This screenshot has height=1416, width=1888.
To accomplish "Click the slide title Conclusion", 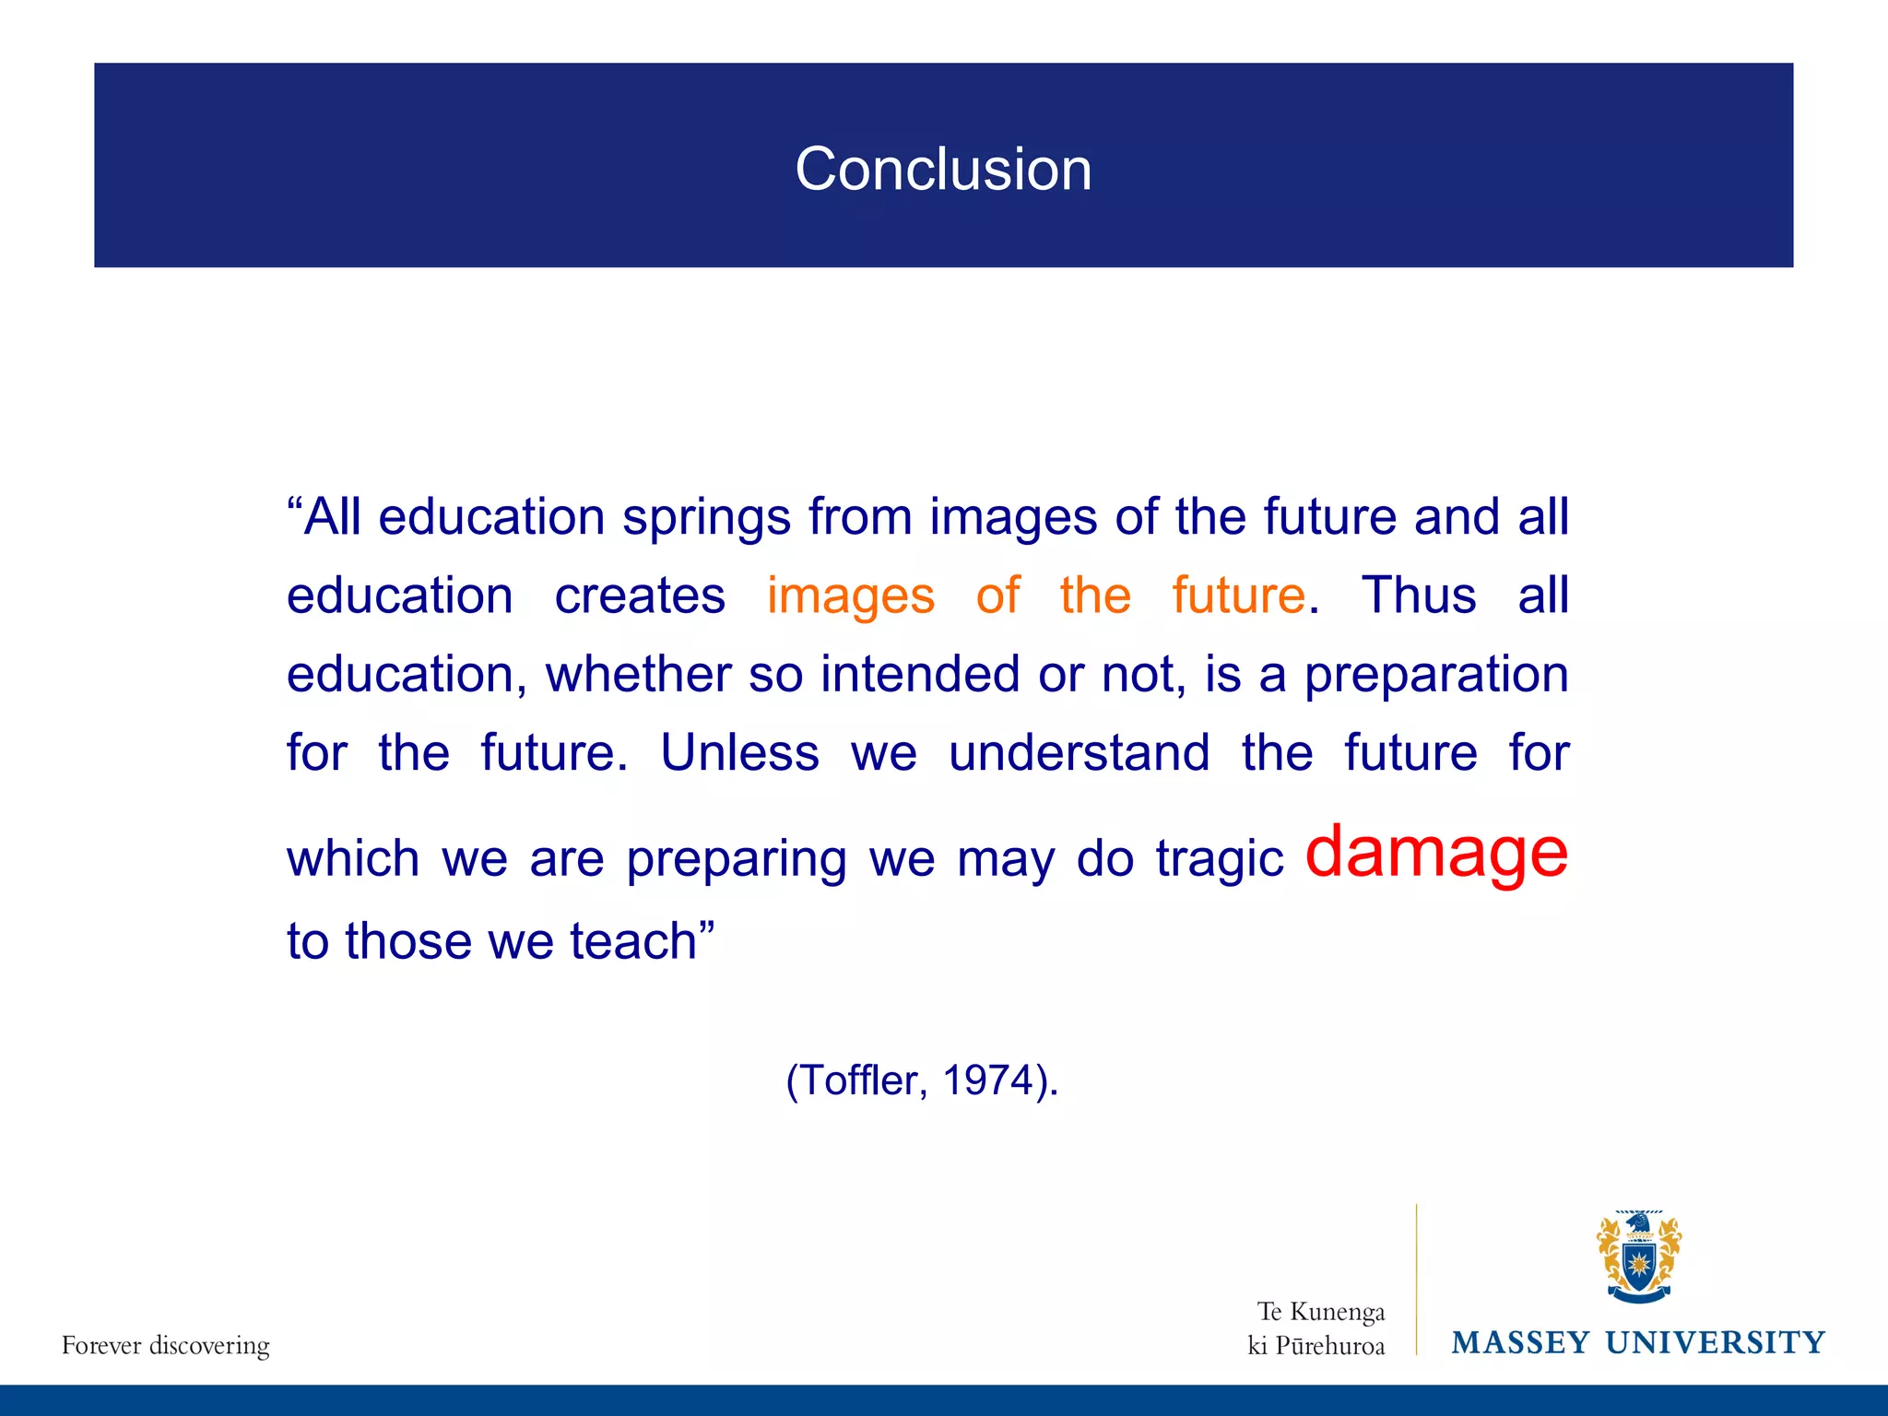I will [x=943, y=170].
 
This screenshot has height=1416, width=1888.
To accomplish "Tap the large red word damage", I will [x=1435, y=852].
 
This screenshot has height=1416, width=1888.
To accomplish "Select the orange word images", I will [x=850, y=596].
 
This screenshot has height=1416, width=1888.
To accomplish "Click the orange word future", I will [x=1238, y=596].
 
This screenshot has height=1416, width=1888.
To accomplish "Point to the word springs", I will [x=706, y=517].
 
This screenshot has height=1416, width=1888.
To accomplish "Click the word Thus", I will [x=1418, y=596].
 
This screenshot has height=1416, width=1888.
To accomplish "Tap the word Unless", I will [x=739, y=753].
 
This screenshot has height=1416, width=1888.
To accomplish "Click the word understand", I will [x=1079, y=753].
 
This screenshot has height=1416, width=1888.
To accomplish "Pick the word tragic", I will [x=1219, y=859].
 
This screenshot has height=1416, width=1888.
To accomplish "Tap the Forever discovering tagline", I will [x=166, y=1345].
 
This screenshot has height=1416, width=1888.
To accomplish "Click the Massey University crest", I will [x=1638, y=1257].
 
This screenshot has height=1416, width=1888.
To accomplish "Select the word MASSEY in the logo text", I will [x=1520, y=1342].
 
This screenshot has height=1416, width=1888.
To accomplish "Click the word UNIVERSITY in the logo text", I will [x=1715, y=1342].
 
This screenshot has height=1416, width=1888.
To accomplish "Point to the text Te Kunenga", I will [x=1320, y=1311].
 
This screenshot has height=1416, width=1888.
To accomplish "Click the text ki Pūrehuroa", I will [x=1316, y=1346].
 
